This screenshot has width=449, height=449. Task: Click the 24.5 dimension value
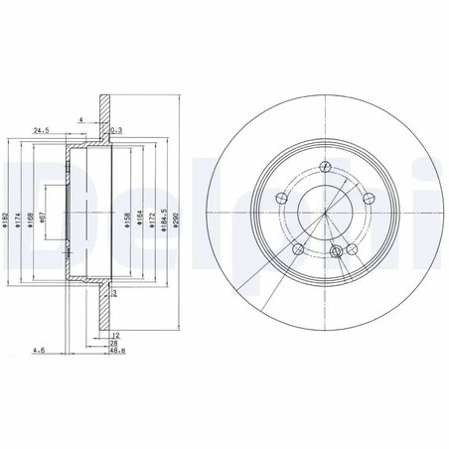point(42,129)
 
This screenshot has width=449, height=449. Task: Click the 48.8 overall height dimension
point(117,350)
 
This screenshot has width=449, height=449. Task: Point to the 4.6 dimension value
point(38,350)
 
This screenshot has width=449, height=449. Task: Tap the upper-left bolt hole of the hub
point(283,195)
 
